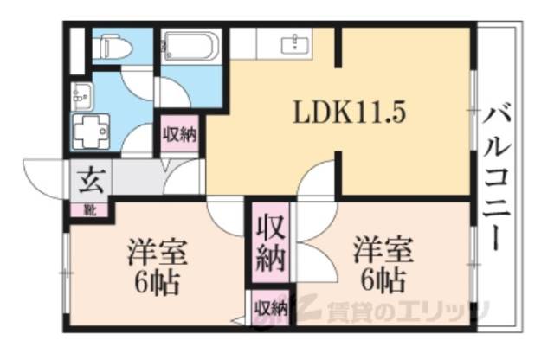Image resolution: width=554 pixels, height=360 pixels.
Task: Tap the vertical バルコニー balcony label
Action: (495, 177)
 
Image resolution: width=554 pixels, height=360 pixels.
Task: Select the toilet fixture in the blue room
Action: (111, 46)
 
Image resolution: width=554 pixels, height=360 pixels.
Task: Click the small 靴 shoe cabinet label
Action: (90, 209)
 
